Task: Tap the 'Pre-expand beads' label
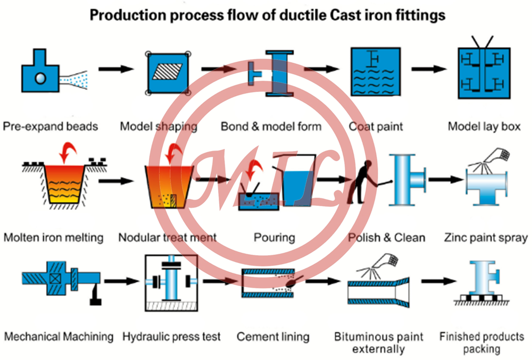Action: [x=51, y=127]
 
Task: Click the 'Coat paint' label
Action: [x=376, y=127]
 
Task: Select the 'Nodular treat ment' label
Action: [x=168, y=237]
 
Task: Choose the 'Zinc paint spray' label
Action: [x=486, y=237]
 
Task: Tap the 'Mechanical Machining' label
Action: [x=59, y=337]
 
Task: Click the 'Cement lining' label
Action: [x=273, y=337]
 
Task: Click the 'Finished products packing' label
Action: [x=481, y=343]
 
